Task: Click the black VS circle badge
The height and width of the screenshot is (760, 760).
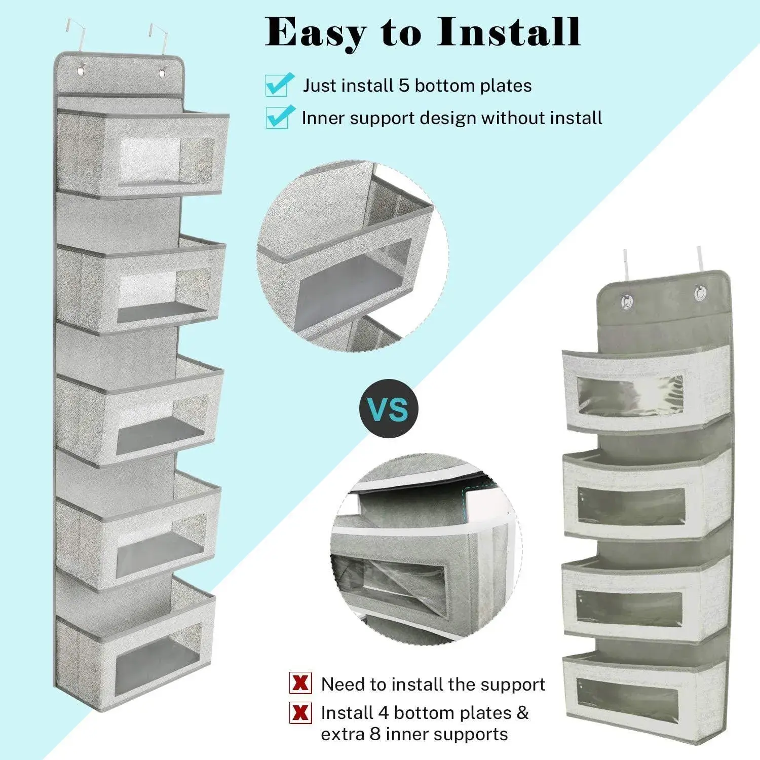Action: [389, 408]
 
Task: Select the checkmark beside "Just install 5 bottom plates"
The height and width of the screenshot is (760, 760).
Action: [280, 84]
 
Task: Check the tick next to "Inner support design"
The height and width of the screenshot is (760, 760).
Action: [281, 117]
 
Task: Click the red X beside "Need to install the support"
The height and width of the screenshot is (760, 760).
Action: [300, 683]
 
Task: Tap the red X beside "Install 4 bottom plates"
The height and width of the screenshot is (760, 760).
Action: [300, 713]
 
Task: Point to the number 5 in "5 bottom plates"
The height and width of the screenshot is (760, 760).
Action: [403, 85]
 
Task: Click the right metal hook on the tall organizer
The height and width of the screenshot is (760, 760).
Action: [158, 38]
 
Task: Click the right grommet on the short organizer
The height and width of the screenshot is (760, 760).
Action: [702, 293]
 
